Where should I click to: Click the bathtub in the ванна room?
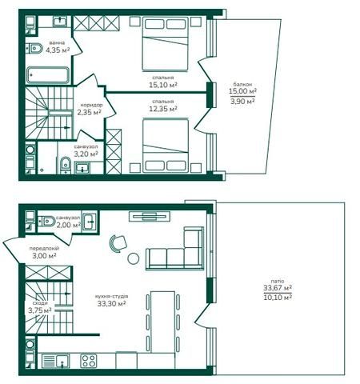tap(48, 75)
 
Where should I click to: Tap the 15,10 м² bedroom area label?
tap(163, 85)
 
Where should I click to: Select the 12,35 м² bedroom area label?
tap(163, 109)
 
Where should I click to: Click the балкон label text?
tap(242, 84)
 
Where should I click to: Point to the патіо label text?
tap(278, 281)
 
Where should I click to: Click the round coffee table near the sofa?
tap(134, 258)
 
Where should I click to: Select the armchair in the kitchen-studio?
tap(118, 243)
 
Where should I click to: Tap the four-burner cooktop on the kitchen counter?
tap(89, 361)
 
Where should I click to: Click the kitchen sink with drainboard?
tap(55, 361)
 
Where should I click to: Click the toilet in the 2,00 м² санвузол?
tap(47, 221)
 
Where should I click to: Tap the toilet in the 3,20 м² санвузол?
tap(65, 165)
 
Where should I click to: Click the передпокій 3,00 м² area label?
tap(44, 252)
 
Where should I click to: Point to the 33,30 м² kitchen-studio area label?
tap(111, 303)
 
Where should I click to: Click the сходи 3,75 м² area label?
tap(40, 307)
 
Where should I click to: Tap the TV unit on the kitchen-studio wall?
tap(150, 216)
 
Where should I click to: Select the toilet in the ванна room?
tap(34, 49)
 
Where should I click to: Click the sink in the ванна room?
tap(62, 21)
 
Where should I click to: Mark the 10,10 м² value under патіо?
tap(278, 297)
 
